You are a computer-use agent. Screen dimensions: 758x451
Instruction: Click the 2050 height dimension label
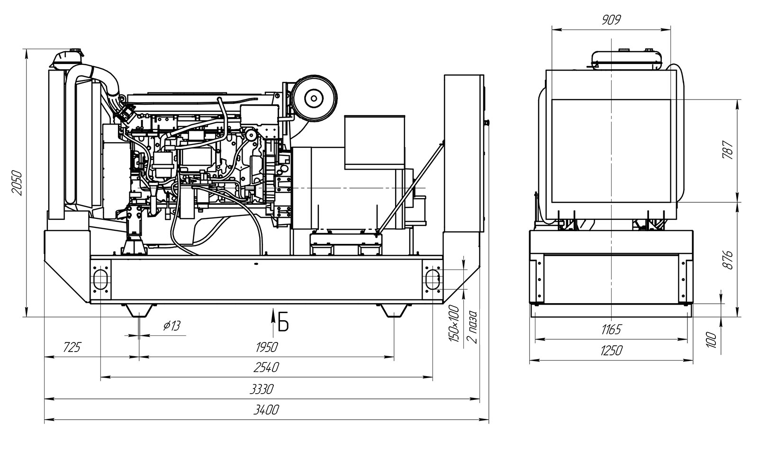tap(17, 183)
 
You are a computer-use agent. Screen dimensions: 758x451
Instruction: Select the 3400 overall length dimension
tap(266, 410)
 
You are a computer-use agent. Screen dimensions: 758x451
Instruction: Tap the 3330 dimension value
tap(262, 389)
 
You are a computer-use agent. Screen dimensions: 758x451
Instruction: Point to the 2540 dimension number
tap(266, 368)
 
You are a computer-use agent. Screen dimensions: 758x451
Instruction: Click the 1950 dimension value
tap(267, 347)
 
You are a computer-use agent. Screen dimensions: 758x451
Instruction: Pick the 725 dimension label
tap(72, 347)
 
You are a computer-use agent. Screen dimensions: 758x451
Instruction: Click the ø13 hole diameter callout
tap(172, 326)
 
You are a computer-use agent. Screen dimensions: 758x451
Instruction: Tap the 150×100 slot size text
tap(454, 324)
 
